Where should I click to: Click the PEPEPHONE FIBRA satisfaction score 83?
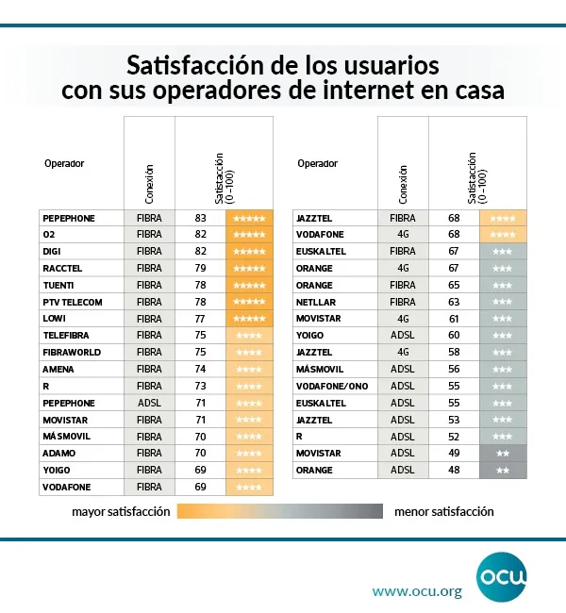click(x=200, y=218)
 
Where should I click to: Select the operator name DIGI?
click(x=52, y=252)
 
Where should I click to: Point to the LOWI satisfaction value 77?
click(x=200, y=320)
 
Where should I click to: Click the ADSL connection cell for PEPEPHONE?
click(x=150, y=403)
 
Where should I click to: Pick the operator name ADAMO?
click(x=58, y=454)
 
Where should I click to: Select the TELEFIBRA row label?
click(x=65, y=336)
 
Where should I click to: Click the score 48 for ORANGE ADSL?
click(x=454, y=471)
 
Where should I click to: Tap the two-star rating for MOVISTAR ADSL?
click(x=503, y=454)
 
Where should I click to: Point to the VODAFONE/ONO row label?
click(x=332, y=387)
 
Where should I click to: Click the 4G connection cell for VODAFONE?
click(x=403, y=235)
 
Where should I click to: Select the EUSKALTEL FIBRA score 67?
click(x=454, y=252)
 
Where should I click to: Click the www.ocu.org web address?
click(x=416, y=592)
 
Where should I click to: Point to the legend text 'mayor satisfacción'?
click(x=121, y=512)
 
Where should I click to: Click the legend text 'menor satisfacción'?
click(x=443, y=512)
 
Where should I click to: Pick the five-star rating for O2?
click(x=249, y=235)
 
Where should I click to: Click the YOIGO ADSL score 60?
click(x=454, y=336)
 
